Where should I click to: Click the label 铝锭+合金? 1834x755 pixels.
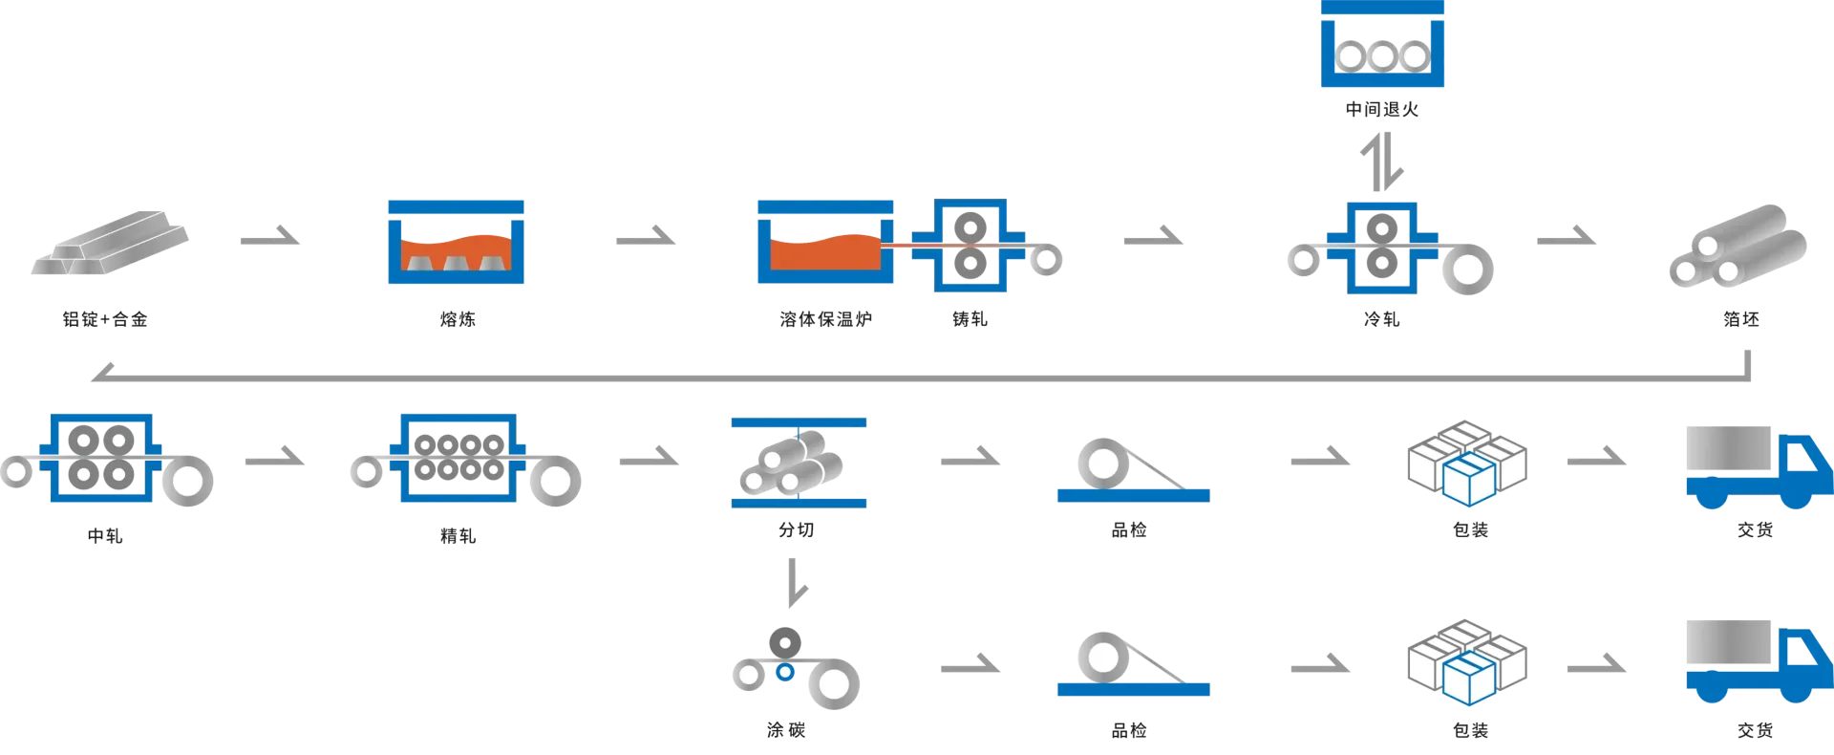pyautogui.click(x=105, y=319)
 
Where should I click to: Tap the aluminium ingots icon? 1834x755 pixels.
pyautogui.click(x=110, y=243)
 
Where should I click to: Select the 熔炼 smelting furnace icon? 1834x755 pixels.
pyautogui.click(x=456, y=242)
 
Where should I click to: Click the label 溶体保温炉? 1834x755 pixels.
pyautogui.click(x=825, y=319)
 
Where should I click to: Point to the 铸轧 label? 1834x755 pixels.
pyautogui.click(x=970, y=319)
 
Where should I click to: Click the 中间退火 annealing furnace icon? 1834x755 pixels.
pyautogui.click(x=1382, y=44)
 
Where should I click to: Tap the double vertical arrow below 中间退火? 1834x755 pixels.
pyautogui.click(x=1382, y=161)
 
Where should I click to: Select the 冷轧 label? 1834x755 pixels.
pyautogui.click(x=1382, y=319)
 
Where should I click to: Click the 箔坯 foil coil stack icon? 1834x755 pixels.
pyautogui.click(x=1738, y=246)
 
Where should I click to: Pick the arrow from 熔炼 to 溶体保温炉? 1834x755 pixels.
pyautogui.click(x=646, y=236)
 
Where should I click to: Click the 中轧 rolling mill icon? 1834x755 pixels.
pyautogui.click(x=106, y=459)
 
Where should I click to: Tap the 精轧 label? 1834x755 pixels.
pyautogui.click(x=458, y=536)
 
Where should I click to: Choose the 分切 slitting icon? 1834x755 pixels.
pyautogui.click(x=799, y=463)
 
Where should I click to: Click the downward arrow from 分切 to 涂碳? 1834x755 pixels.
pyautogui.click(x=796, y=583)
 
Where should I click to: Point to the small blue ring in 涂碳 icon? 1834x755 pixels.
pyautogui.click(x=785, y=672)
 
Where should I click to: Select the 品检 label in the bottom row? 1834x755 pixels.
pyautogui.click(x=1129, y=730)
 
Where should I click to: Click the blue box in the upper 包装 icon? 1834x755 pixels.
pyautogui.click(x=1469, y=480)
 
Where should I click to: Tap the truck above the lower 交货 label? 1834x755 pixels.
pyautogui.click(x=1759, y=661)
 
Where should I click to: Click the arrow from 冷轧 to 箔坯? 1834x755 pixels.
pyautogui.click(x=1567, y=236)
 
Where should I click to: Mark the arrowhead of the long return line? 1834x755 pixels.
pyautogui.click(x=100, y=374)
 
